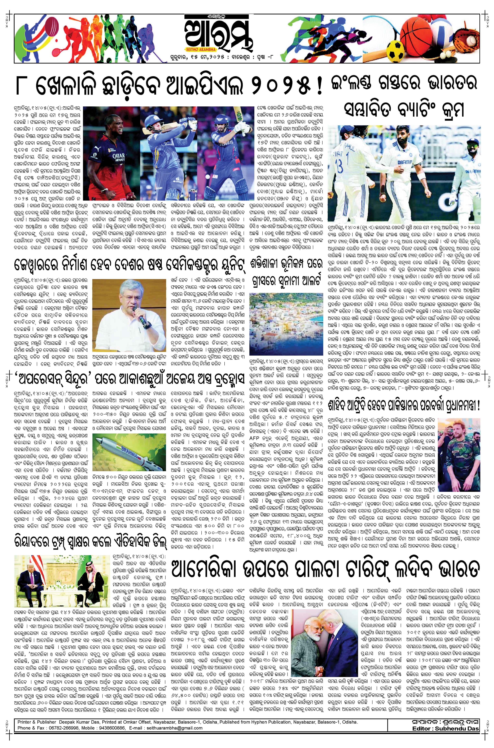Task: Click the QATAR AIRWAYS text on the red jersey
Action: (x=118, y=157)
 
